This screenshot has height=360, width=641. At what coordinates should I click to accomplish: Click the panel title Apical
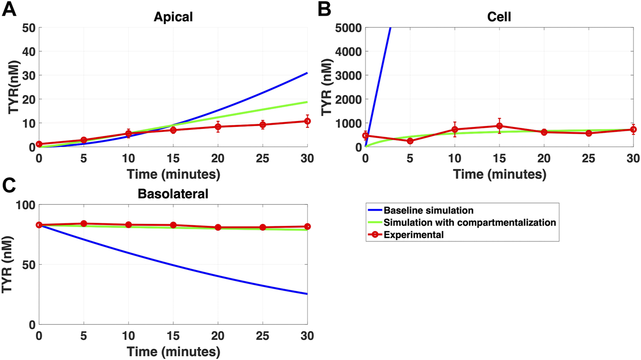click(x=173, y=16)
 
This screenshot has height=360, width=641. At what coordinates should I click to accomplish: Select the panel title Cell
click(x=499, y=16)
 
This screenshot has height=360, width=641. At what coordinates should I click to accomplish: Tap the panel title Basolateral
click(x=173, y=194)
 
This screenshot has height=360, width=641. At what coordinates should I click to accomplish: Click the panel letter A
click(x=9, y=9)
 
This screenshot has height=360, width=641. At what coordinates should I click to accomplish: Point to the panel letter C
click(x=9, y=186)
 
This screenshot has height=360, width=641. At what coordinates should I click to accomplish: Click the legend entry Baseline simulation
click(x=428, y=210)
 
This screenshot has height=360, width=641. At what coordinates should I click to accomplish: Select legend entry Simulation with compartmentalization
click(x=469, y=223)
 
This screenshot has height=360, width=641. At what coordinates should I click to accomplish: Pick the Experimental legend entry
click(x=414, y=235)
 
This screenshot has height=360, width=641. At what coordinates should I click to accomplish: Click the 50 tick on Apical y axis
click(x=28, y=28)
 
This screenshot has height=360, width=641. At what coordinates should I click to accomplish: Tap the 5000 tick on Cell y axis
click(x=349, y=28)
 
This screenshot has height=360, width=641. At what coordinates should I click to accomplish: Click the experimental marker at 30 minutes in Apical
click(x=307, y=121)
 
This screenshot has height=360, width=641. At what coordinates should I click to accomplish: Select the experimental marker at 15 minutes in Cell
click(x=499, y=126)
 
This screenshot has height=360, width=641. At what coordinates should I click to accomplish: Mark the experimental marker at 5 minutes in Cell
click(x=410, y=141)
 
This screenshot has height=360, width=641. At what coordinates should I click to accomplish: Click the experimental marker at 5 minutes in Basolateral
click(x=84, y=224)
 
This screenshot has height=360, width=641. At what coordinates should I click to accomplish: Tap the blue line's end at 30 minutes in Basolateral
click(x=307, y=294)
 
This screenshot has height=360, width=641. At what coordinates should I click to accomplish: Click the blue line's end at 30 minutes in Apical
click(x=307, y=73)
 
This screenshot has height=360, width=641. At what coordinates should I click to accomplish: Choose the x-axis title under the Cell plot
click(x=499, y=174)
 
